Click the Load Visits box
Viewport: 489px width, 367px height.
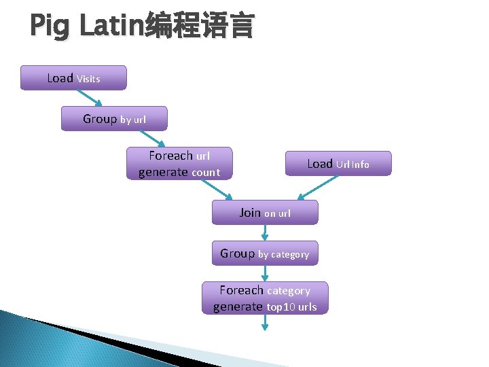73,77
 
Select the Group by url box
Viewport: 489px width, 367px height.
114,118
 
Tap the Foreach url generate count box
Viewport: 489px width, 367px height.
179,163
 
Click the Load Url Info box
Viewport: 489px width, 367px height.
338,163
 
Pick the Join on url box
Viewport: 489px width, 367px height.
265,212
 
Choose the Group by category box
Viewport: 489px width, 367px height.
265,253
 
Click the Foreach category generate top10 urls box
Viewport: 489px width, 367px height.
265,298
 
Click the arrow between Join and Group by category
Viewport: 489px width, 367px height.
265,232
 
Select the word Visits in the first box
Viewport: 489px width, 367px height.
88,79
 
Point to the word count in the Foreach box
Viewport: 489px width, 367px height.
206,173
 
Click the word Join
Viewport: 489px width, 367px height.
250,212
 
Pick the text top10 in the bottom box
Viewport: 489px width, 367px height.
280,307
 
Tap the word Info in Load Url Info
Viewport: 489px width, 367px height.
360,164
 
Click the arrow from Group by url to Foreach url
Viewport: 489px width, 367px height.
155,139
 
